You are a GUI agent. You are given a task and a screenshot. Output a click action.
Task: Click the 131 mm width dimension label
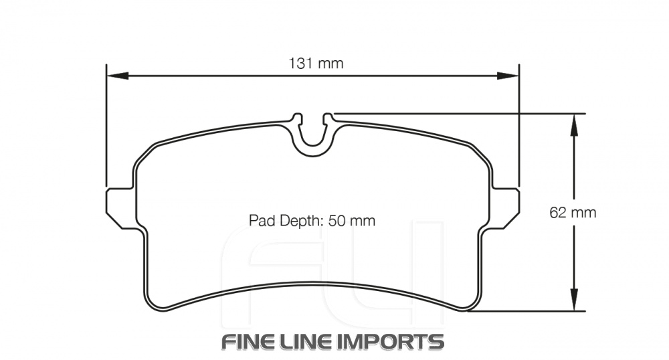click(316, 64)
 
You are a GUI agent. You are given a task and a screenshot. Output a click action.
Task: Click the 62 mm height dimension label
click(573, 213)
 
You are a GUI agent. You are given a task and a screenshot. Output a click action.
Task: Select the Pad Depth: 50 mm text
click(312, 221)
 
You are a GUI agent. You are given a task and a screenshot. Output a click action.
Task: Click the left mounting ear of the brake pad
click(120, 208)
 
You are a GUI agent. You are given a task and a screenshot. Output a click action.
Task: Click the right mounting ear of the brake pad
click(506, 208)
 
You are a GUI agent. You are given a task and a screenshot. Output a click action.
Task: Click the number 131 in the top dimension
click(301, 64)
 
